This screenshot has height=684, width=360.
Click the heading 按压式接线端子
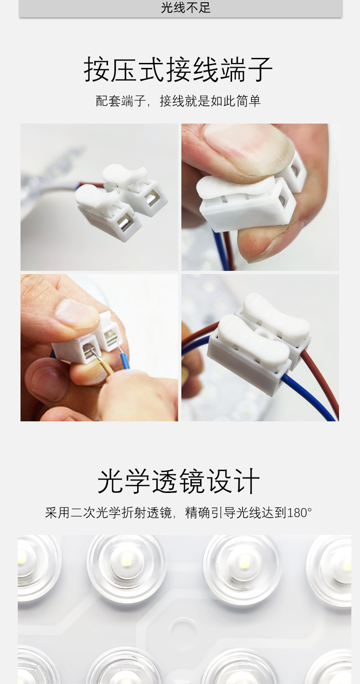(178, 70)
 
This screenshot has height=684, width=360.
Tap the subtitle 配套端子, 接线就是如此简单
(178, 101)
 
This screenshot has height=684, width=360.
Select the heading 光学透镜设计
(178, 481)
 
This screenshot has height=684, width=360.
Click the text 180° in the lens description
(299, 513)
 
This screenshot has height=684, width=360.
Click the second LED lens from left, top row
(127, 561)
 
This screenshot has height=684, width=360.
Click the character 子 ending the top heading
(259, 70)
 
